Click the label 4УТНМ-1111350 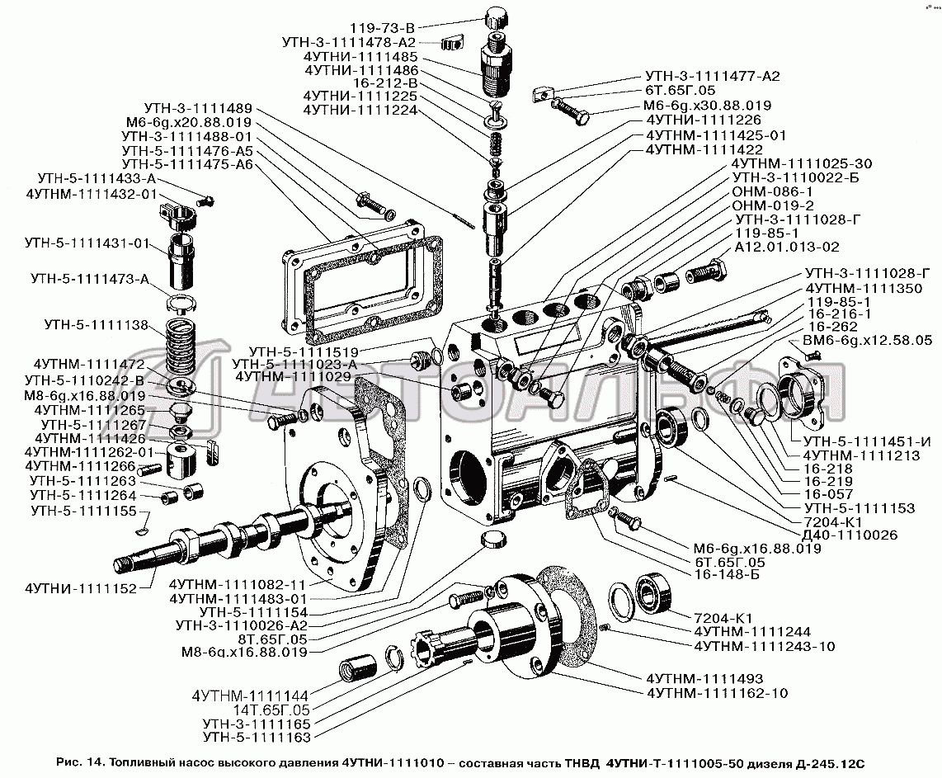tap(864, 289)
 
